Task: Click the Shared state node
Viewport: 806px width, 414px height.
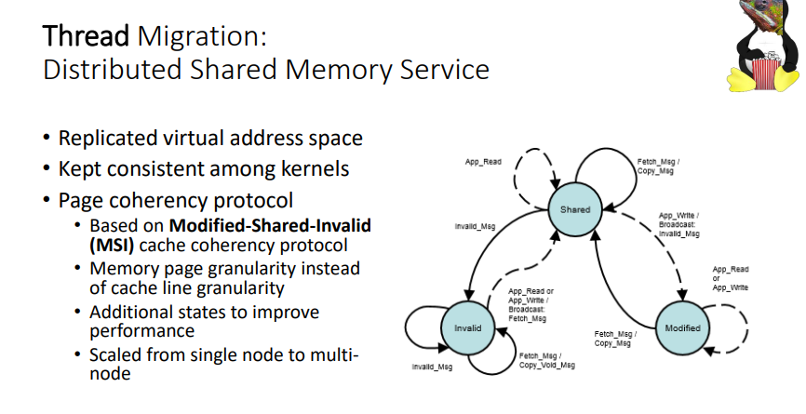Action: pos(574,209)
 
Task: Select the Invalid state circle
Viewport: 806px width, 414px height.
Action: pos(467,327)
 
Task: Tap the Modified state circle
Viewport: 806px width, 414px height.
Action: pos(682,327)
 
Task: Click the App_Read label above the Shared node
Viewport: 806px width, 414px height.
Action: pos(483,162)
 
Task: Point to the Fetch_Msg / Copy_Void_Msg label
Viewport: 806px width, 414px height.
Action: pos(546,361)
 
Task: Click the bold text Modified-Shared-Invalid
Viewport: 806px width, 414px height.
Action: pos(271,226)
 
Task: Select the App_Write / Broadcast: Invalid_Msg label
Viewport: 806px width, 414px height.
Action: pos(678,225)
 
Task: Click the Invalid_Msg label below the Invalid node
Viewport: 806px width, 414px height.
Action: pos(431,367)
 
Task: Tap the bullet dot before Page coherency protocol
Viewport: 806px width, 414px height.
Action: pos(47,201)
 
